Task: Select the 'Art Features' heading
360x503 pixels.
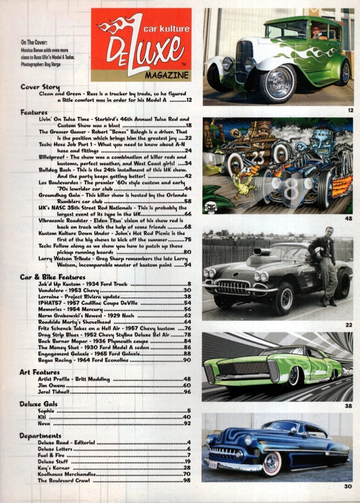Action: [40, 372]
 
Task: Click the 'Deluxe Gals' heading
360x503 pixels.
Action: [39, 404]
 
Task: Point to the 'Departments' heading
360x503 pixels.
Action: [40, 436]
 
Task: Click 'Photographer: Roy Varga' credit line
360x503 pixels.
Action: [40, 65]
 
